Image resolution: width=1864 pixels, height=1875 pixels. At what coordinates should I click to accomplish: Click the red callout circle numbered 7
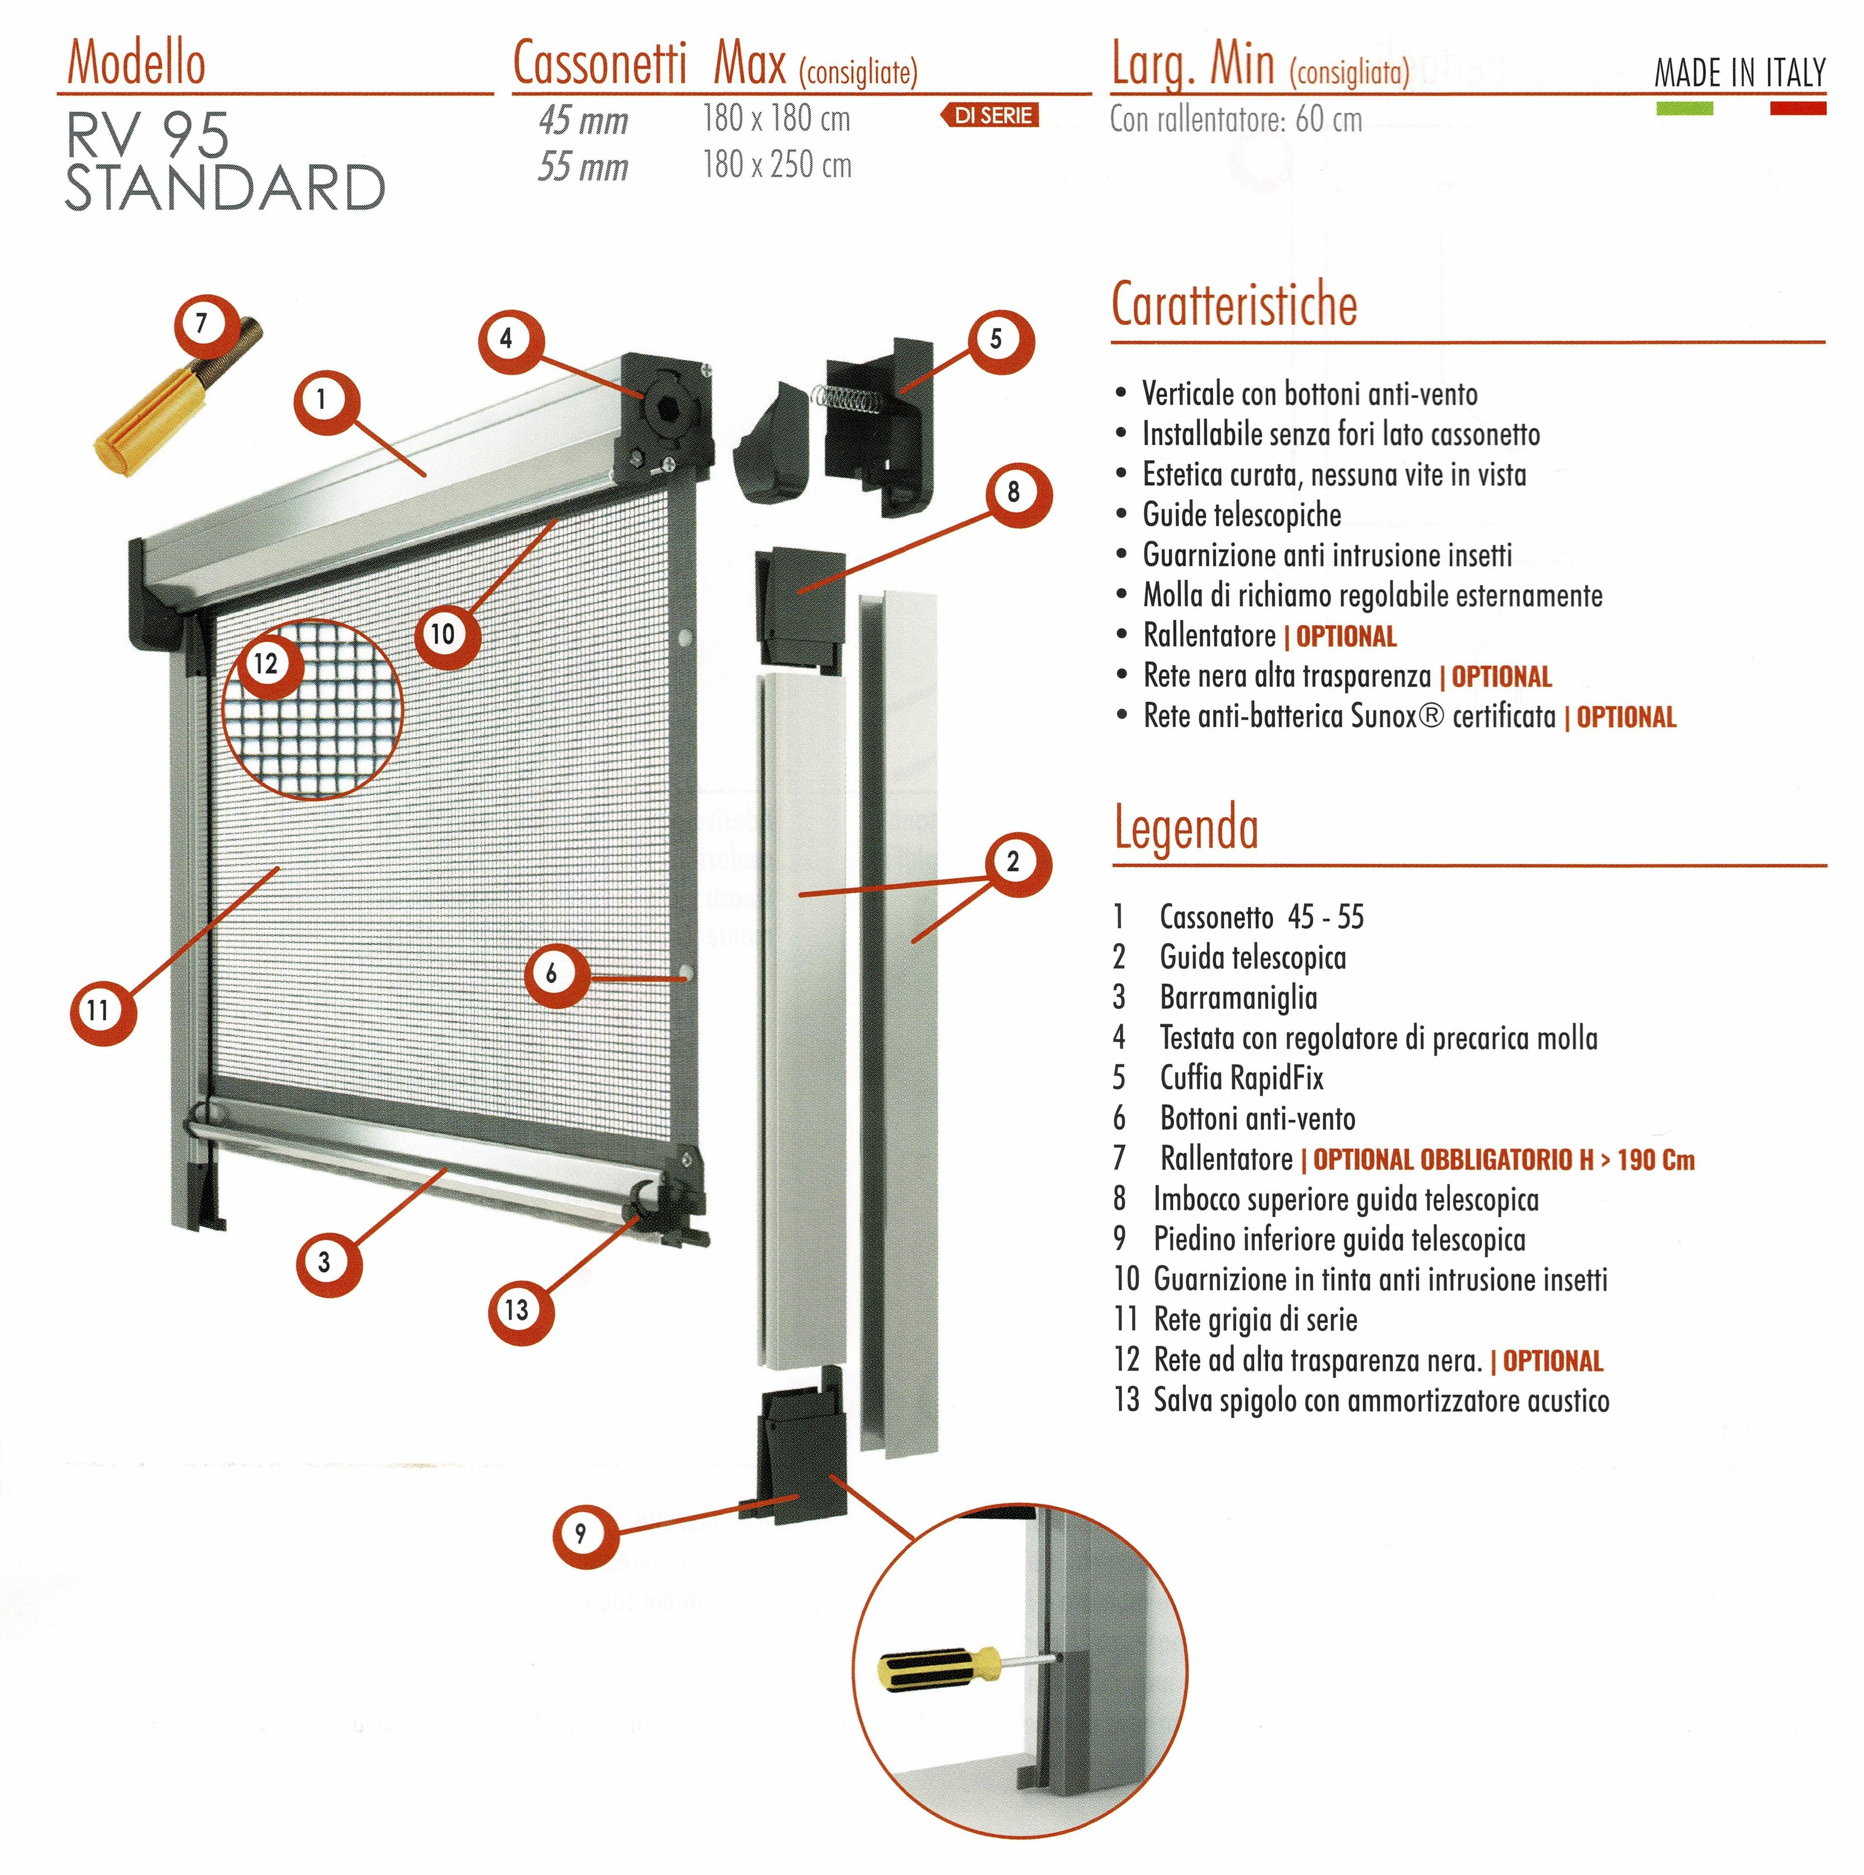pos(202,322)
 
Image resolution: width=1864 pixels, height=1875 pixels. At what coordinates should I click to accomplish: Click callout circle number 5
pos(996,340)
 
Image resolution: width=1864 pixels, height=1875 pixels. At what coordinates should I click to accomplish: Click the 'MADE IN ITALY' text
pos(1740,73)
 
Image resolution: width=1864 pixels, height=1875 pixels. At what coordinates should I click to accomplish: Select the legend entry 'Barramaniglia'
pos(1238,998)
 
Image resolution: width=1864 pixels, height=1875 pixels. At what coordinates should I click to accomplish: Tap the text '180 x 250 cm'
pos(777,165)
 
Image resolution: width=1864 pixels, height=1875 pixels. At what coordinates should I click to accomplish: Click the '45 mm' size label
pos(583,120)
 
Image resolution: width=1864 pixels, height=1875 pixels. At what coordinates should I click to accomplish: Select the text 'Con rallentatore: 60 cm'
pos(1236,119)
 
